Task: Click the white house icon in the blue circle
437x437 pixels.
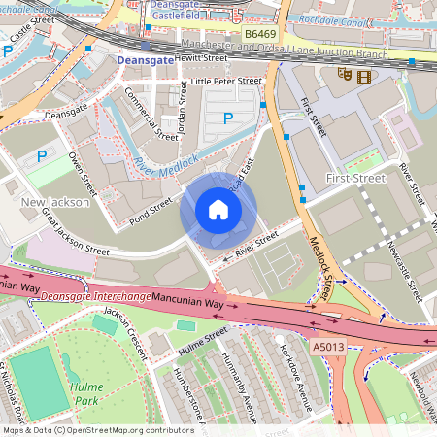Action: pos(218,210)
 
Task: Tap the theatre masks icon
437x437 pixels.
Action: pos(344,75)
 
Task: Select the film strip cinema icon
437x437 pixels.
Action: pos(363,76)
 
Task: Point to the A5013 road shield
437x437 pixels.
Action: pos(328,346)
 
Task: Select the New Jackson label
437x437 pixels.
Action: pos(55,202)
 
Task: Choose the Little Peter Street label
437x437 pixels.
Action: pos(226,82)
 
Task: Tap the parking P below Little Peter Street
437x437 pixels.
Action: pos(228,118)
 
